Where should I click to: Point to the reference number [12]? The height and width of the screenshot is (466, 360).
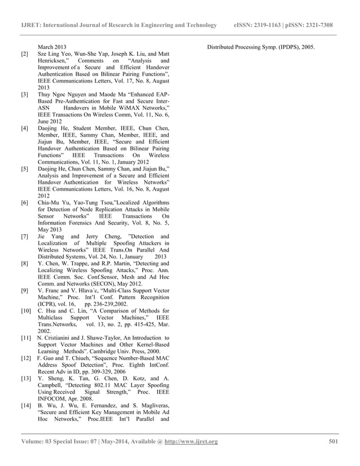[x=25, y=358]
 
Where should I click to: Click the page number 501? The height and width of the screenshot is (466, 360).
[x=333, y=441]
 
